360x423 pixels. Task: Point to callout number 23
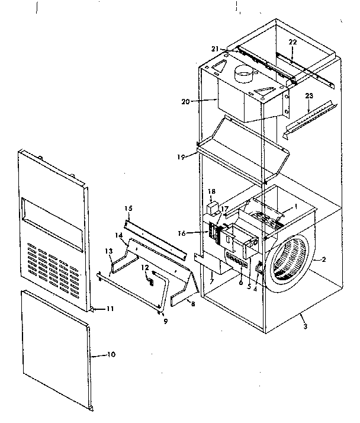click(308, 95)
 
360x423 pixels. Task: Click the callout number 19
click(181, 156)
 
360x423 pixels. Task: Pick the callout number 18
click(212, 192)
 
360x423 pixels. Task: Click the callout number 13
click(108, 251)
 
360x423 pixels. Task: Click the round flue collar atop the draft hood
click(243, 75)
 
